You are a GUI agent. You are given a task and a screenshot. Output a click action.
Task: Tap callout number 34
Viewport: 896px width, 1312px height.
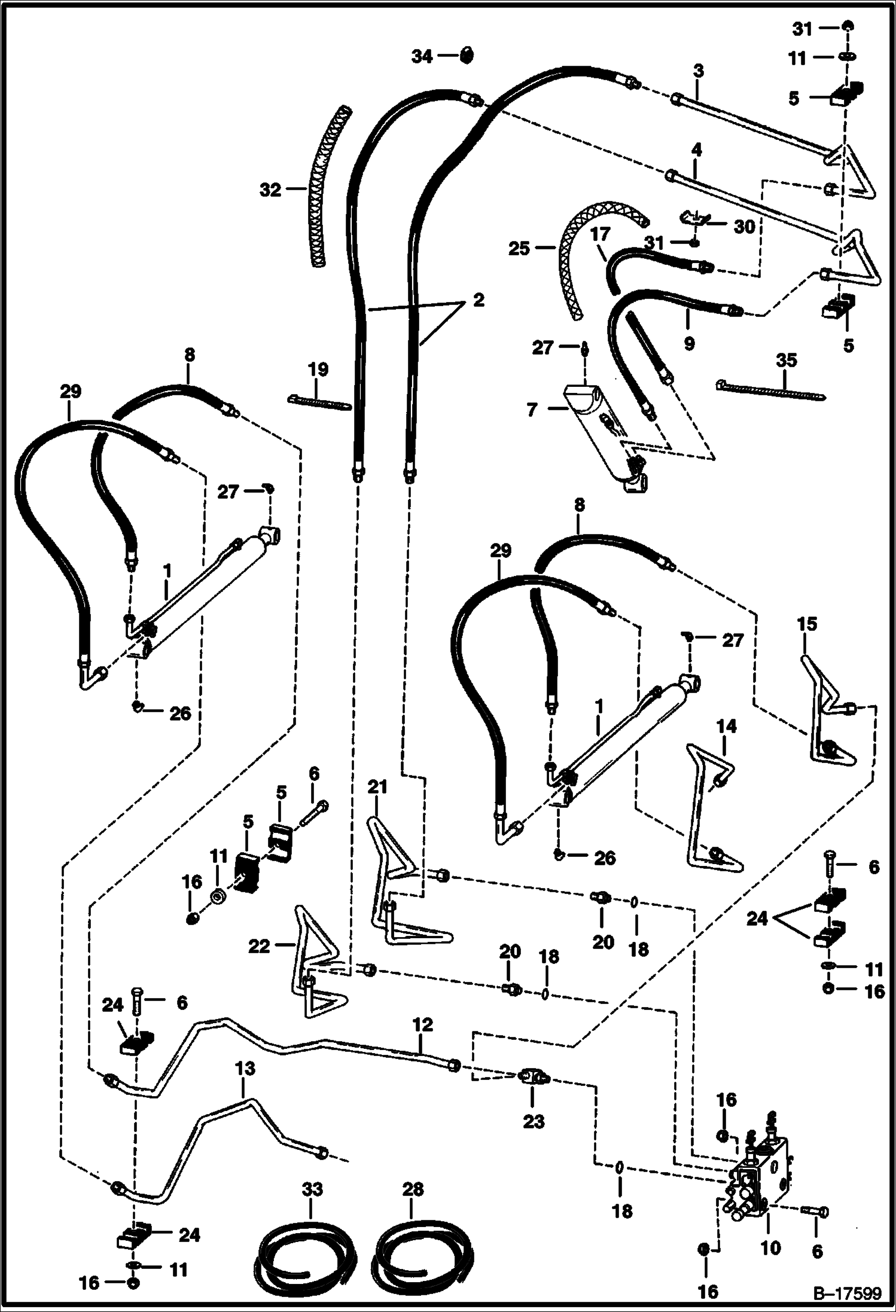pos(422,57)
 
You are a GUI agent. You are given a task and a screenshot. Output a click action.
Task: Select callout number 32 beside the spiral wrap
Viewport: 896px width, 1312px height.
pos(270,190)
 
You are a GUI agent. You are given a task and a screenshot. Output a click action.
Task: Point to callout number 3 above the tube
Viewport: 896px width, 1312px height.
pos(699,71)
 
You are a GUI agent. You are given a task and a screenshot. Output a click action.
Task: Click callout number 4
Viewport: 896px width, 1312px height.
pos(696,148)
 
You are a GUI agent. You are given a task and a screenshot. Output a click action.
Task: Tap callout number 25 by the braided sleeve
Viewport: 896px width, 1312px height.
pos(519,248)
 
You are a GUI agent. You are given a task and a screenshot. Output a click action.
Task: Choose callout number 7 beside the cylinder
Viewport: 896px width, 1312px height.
pos(532,410)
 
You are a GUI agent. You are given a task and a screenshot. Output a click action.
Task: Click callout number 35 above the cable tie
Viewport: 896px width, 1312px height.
pos(787,360)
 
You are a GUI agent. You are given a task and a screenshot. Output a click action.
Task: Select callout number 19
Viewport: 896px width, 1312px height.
pos(319,369)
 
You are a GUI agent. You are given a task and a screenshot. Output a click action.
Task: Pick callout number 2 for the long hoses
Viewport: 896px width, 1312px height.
pos(478,300)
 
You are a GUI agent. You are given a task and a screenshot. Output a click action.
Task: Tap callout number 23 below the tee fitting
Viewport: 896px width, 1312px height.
pos(534,1122)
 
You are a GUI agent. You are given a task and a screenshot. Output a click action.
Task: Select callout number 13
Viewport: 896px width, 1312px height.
pos(246,1068)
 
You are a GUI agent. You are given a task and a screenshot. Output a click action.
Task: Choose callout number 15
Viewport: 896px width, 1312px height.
pos(807,625)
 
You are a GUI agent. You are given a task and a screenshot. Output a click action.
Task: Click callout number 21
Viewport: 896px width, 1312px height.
pos(377,788)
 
